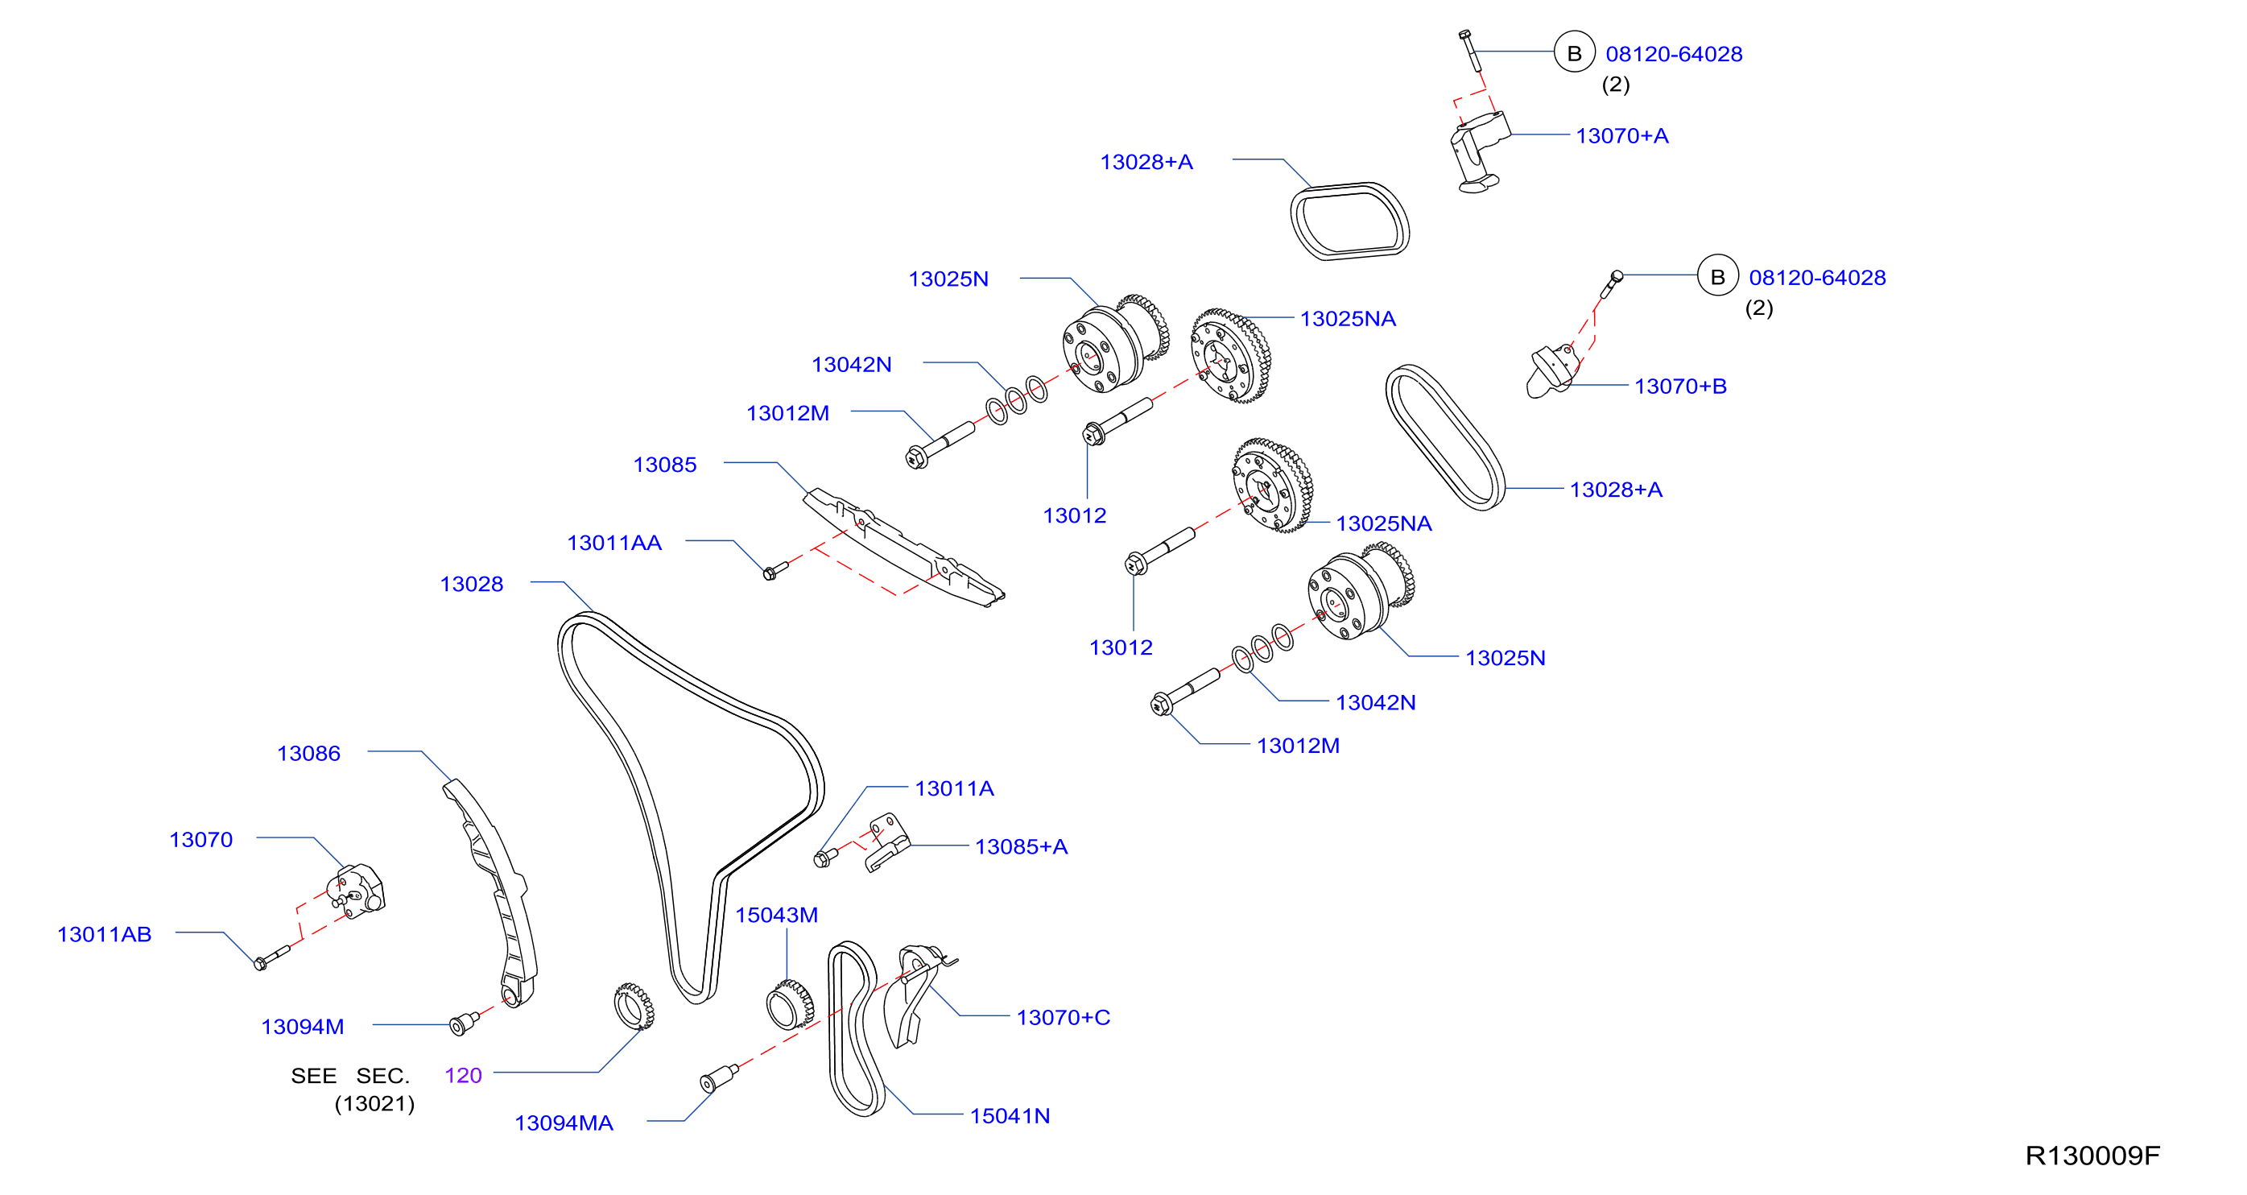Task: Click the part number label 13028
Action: pos(471,584)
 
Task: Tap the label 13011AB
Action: pos(104,934)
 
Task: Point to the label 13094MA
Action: pos(564,1123)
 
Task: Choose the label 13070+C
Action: pos(1063,1017)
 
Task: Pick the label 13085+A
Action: pos(1021,846)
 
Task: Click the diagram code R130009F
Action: pos(2092,1155)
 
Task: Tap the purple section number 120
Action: pos(463,1076)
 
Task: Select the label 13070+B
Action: pos(1680,386)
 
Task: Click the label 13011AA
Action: pos(614,543)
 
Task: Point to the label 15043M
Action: pos(776,915)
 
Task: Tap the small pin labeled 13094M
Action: pos(463,1023)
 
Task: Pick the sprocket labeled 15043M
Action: pos(790,1004)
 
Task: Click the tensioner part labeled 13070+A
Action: pos(1477,153)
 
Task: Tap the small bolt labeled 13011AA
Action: pos(774,570)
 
